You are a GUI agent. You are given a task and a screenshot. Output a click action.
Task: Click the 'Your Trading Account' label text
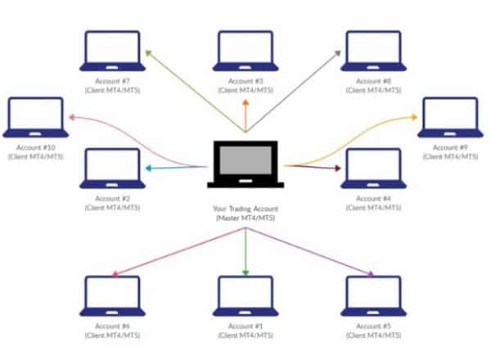(245, 209)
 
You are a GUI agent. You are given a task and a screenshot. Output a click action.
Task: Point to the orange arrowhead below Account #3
(245, 102)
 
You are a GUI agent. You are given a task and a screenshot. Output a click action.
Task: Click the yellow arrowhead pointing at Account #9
(414, 117)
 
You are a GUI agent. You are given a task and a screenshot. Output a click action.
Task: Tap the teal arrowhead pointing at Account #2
(149, 169)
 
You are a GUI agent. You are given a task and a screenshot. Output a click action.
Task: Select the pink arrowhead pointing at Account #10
(72, 117)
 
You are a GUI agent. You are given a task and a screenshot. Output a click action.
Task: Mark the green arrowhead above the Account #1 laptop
(245, 272)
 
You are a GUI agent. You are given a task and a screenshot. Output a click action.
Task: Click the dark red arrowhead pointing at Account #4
(337, 168)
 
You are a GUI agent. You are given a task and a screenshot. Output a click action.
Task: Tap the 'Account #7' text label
(112, 81)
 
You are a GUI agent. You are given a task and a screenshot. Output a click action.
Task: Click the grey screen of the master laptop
(245, 160)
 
